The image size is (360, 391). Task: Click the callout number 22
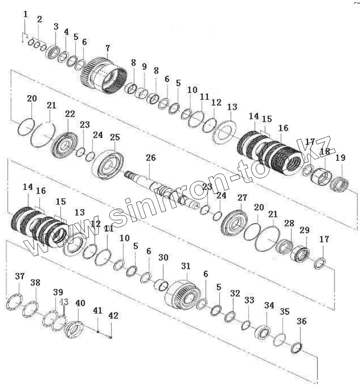70,114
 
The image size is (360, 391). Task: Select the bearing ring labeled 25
108,162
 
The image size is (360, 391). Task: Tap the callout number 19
341,158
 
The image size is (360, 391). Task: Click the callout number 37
20,276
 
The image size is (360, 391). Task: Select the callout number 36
302,321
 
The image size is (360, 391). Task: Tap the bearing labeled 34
263,333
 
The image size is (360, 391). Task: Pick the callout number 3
56,27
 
